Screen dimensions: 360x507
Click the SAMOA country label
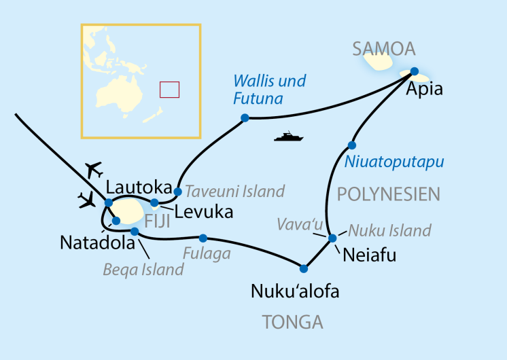tap(383, 49)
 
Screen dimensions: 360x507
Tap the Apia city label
tap(424, 89)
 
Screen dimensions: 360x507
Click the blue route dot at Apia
tap(414, 71)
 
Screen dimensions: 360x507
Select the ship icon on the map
tap(287, 137)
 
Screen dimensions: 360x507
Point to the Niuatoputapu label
tap(394, 162)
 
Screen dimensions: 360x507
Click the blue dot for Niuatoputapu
tap(352, 145)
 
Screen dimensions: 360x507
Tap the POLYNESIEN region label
tap(388, 194)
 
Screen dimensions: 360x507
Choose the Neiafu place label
tap(370, 256)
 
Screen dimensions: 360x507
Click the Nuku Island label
tap(389, 231)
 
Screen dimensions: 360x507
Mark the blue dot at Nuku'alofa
tap(304, 268)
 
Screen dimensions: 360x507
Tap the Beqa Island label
tap(143, 270)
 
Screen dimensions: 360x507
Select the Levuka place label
tap(203, 212)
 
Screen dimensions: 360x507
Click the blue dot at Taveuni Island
tap(177, 192)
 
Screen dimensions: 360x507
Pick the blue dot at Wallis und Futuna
tap(245, 118)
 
